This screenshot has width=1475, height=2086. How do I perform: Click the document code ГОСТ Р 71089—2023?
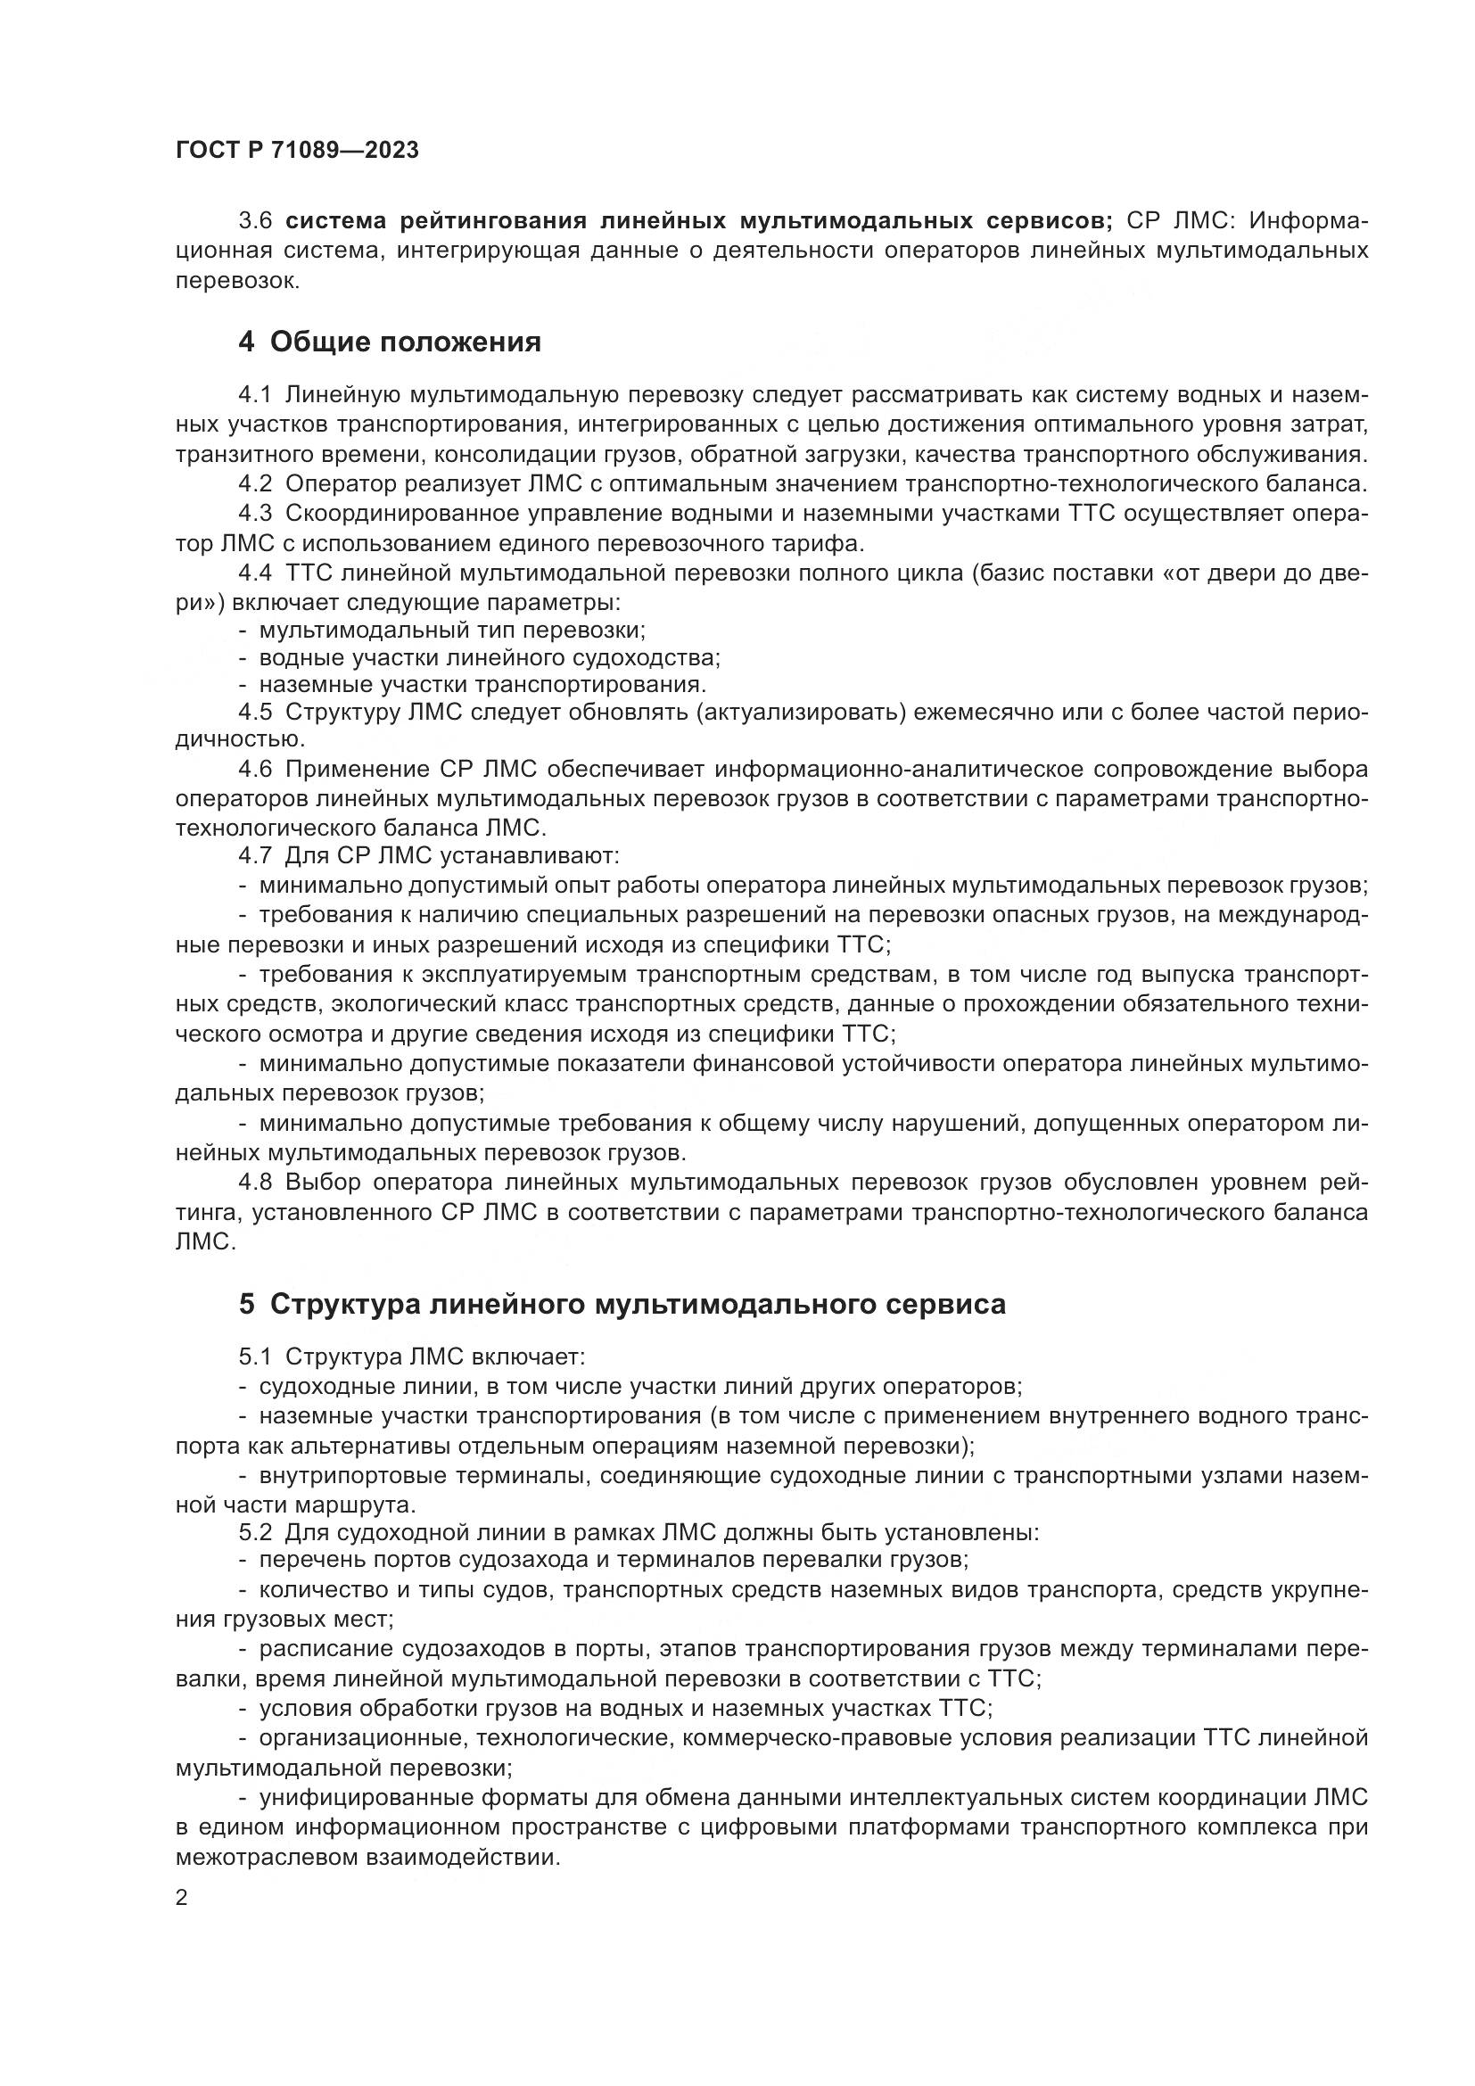tap(297, 151)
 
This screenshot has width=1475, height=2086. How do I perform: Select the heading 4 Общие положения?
tap(390, 342)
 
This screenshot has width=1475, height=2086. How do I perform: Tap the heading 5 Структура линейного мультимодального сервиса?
tap(622, 1305)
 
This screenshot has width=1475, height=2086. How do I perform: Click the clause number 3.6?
tap(254, 221)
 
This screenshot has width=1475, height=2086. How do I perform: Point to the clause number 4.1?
tap(254, 395)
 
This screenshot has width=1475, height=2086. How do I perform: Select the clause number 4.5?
tap(254, 712)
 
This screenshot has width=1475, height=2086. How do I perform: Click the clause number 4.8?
tap(254, 1182)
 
